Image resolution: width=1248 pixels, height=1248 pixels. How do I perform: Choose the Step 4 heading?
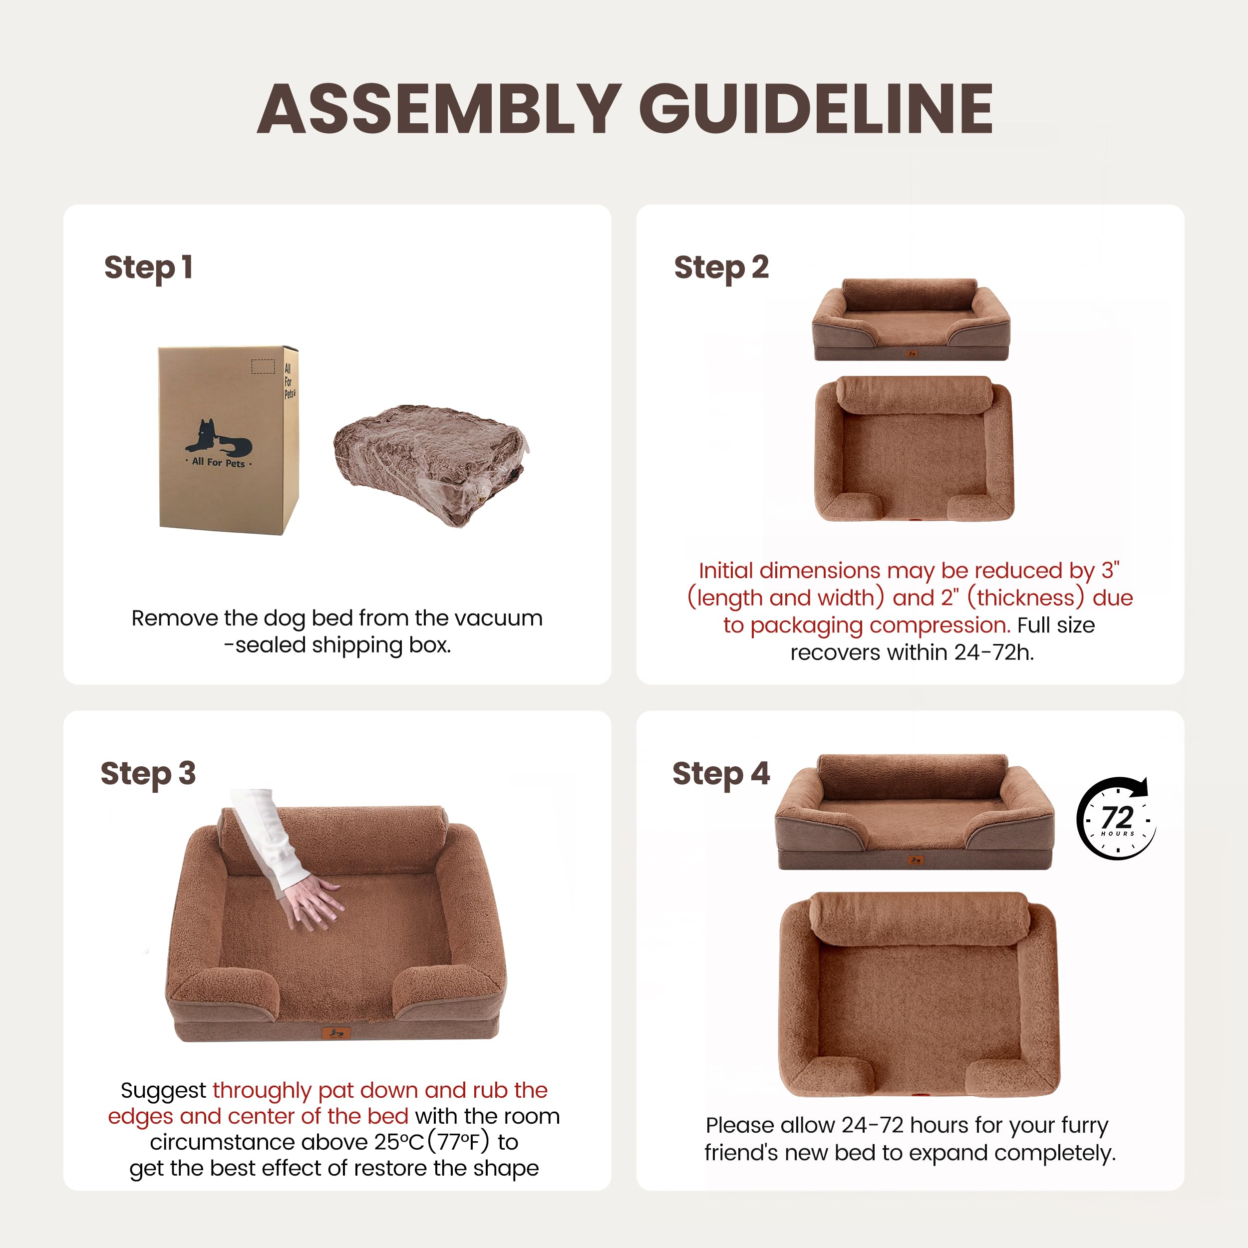pyautogui.click(x=721, y=773)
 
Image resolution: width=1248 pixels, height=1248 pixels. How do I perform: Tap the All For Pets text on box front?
pyautogui.click(x=218, y=463)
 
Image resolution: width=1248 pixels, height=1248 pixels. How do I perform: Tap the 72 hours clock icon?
pyautogui.click(x=1117, y=818)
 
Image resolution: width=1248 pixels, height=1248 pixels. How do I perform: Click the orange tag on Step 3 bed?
pyautogui.click(x=336, y=1033)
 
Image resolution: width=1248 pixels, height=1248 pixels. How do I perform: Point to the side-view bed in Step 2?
pyautogui.click(x=911, y=320)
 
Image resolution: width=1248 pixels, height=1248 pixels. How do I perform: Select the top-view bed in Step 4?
pyautogui.click(x=919, y=995)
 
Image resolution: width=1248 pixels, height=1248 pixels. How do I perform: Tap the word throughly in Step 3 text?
pyautogui.click(x=262, y=1090)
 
